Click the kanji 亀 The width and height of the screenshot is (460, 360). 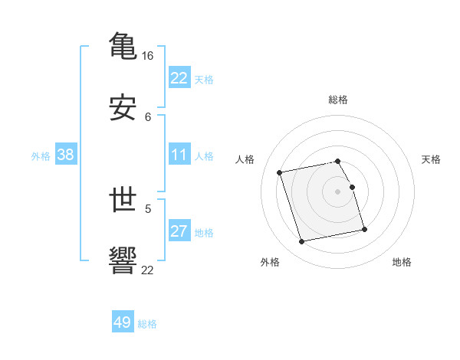[123, 45]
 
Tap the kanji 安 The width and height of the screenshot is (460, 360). [123, 108]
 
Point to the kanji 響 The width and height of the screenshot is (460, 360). [123, 260]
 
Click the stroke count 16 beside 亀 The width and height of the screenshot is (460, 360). [148, 56]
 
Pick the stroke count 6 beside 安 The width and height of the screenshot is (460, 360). [148, 116]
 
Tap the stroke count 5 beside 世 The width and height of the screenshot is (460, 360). [148, 208]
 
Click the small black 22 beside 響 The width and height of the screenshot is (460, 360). [148, 270]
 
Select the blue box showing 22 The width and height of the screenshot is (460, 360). [179, 78]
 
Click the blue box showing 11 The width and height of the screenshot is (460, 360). [179, 155]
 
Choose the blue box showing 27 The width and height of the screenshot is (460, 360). [179, 231]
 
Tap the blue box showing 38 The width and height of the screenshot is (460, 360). [66, 155]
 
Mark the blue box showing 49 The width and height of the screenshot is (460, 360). [123, 322]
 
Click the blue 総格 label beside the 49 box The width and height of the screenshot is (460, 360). [147, 324]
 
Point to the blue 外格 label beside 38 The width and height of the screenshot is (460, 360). [41, 155]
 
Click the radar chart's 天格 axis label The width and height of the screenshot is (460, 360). [431, 159]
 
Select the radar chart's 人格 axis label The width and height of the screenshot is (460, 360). [245, 159]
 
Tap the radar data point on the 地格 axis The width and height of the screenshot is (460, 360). [364, 229]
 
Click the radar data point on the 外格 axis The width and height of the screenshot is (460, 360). [302, 241]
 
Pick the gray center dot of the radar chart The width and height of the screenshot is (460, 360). [338, 191]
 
